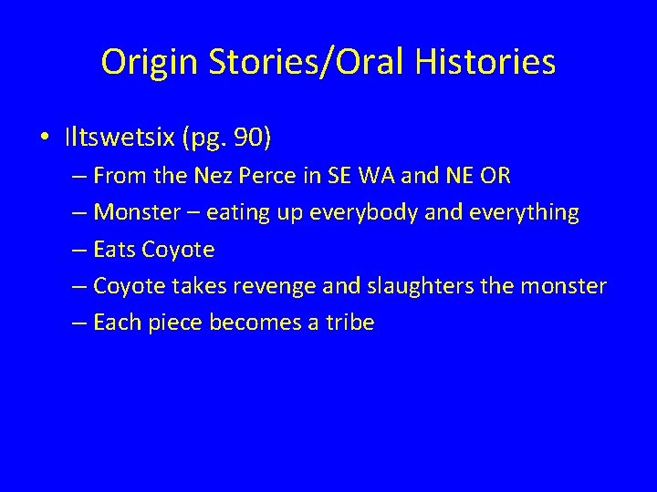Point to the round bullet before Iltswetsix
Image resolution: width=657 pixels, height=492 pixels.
[x=45, y=138]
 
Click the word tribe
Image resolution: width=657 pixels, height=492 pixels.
[x=349, y=323]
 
